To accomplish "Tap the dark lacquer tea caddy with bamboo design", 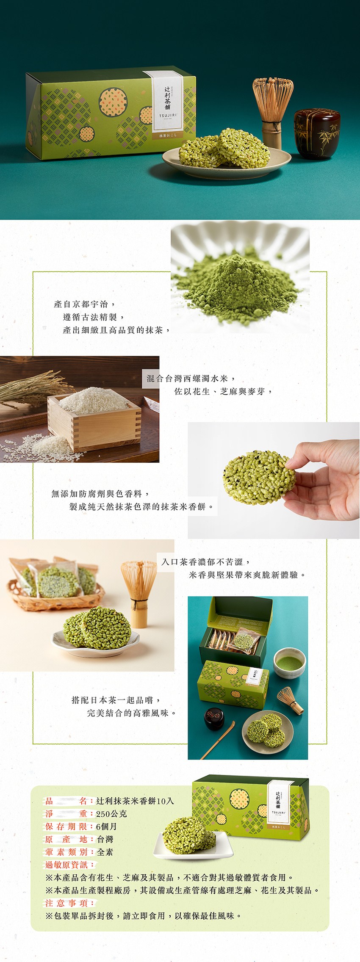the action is pyautogui.click(x=317, y=133).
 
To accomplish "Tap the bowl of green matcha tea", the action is pyautogui.click(x=289, y=663).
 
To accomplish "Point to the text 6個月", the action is pyautogui.click(x=106, y=827).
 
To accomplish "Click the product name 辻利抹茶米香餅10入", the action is pyautogui.click(x=135, y=801).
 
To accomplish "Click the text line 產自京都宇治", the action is pyautogui.click(x=85, y=304).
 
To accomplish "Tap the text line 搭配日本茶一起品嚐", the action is pyautogui.click(x=116, y=700).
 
